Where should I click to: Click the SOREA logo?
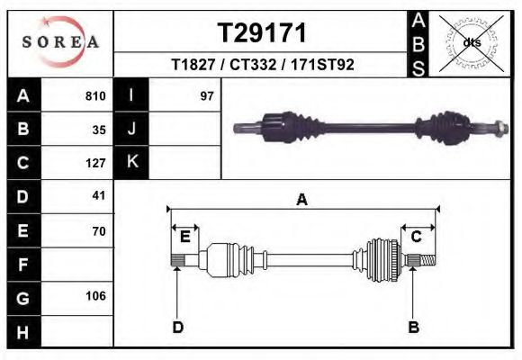[60, 43]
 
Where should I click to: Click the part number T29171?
[263, 33]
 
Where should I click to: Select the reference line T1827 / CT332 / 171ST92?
[263, 66]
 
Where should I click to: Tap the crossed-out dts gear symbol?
[472, 42]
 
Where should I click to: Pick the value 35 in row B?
[100, 129]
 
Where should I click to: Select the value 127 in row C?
[96, 163]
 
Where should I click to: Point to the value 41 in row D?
[100, 195]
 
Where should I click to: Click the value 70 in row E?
[100, 231]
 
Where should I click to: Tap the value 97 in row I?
[206, 95]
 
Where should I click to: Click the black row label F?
[22, 265]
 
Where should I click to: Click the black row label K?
[131, 162]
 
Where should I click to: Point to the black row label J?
[131, 129]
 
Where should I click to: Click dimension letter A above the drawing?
[302, 200]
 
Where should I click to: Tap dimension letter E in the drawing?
[184, 237]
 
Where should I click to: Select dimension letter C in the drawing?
[417, 237]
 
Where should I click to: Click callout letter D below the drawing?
[177, 327]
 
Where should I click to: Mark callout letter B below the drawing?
[414, 327]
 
